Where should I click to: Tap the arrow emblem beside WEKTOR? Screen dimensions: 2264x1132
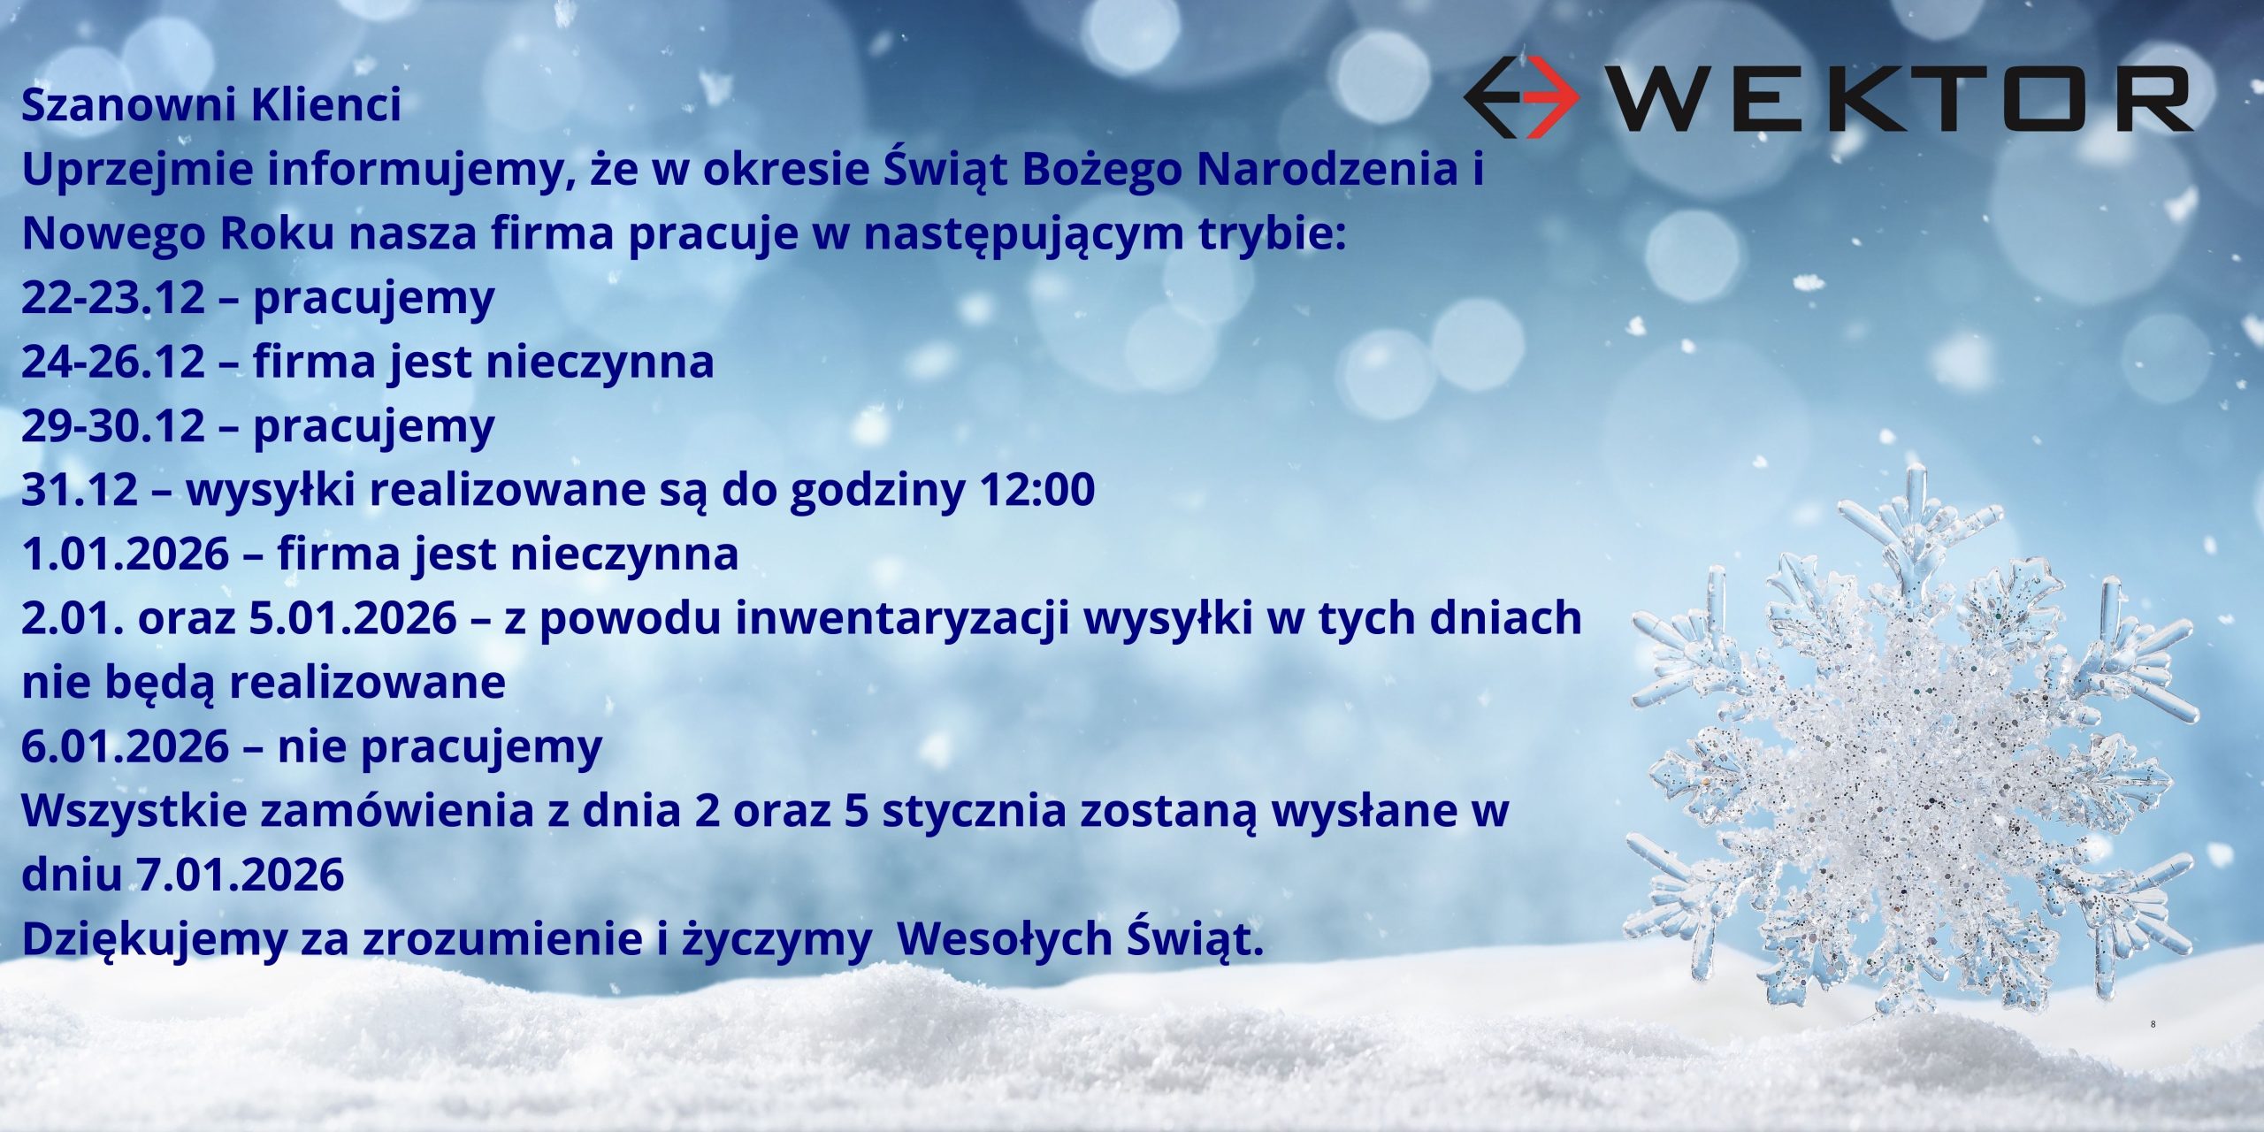(1521, 96)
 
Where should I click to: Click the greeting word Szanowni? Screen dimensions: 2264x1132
(129, 104)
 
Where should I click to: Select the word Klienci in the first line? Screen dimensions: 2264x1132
(326, 104)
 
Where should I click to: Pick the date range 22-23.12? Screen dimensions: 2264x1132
(113, 297)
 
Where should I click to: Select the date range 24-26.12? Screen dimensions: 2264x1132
(113, 362)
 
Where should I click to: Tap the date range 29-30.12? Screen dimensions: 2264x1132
(113, 425)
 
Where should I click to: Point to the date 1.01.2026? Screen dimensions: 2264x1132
(126, 555)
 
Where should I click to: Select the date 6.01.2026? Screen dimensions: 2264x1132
(126, 746)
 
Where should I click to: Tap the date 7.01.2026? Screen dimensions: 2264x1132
(241, 875)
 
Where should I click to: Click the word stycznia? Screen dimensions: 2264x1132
(974, 813)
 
